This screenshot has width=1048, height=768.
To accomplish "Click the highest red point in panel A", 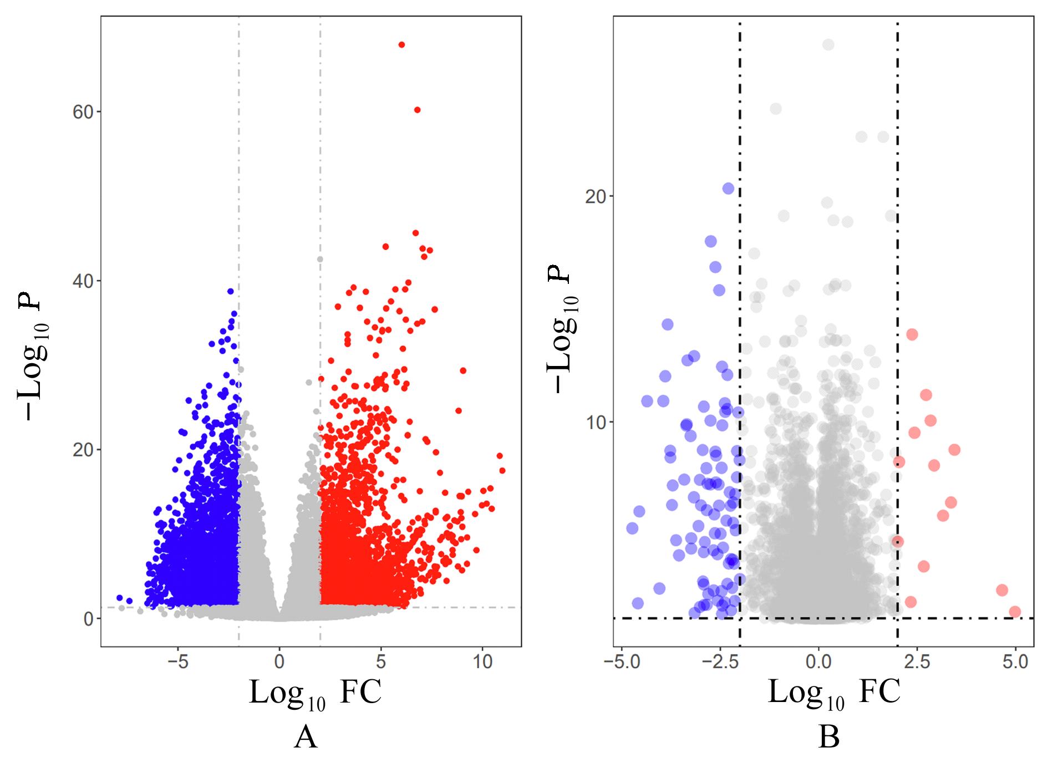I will pos(401,45).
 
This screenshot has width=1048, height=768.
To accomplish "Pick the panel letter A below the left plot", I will pos(306,738).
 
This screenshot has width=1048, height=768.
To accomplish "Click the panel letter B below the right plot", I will pos(828,738).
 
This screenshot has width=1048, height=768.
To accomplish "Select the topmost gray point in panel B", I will pos(828,45).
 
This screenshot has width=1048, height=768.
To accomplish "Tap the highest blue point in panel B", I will pos(728,189).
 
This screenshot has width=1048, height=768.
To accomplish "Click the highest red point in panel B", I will pos(912,334).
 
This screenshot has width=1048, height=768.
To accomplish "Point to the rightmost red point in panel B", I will pos(1015,612).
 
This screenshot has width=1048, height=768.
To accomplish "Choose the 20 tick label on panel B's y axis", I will pos(596,196).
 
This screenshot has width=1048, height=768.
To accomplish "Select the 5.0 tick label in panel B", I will pos(1015,662).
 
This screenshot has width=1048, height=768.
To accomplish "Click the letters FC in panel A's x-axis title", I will pos(360,693).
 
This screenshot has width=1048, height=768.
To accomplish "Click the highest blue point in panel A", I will pos(230,291).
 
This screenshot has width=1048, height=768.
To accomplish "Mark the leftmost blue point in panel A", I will pos(119,598).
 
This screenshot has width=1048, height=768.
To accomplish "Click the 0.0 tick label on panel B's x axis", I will pos(818,662).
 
